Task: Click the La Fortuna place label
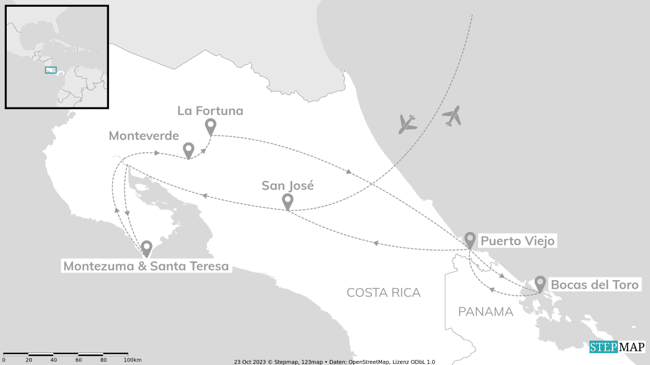click(x=210, y=111)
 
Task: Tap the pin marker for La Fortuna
click(x=211, y=127)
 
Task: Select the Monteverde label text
click(x=144, y=136)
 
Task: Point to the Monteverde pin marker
click(x=189, y=150)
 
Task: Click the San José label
click(x=287, y=185)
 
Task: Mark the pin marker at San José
click(x=287, y=201)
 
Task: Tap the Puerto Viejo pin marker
click(x=470, y=240)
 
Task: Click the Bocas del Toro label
click(x=595, y=285)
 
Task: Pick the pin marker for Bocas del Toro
click(x=540, y=283)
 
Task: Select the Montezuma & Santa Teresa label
click(x=146, y=266)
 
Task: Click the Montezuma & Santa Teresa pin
click(x=146, y=248)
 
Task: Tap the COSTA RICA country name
click(x=383, y=293)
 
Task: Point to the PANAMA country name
click(x=486, y=312)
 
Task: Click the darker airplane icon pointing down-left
click(x=407, y=124)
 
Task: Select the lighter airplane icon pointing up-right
click(x=452, y=115)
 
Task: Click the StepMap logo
click(x=617, y=347)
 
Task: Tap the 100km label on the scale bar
click(x=132, y=360)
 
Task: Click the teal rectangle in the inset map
click(x=51, y=70)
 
